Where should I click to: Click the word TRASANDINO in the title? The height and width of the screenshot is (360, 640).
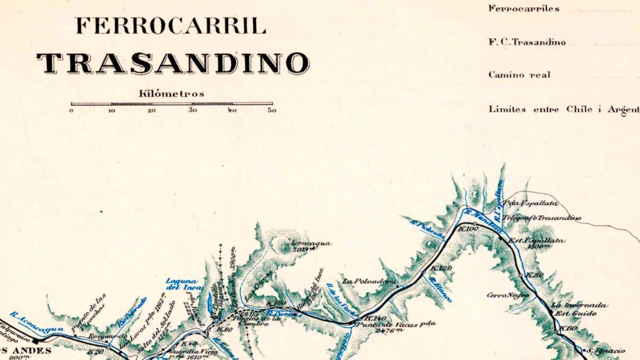tap(173, 64)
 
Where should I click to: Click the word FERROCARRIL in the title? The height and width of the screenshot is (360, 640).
tap(171, 26)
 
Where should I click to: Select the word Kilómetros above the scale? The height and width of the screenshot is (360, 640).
tap(171, 94)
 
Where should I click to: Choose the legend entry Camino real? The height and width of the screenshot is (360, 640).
tap(519, 75)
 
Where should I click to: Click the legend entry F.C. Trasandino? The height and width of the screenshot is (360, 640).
tap(527, 42)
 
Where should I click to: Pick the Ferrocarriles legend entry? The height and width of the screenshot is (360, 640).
tap(524, 9)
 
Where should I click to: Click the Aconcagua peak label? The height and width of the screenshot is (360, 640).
tap(311, 243)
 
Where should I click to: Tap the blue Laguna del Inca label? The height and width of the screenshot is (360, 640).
tap(182, 284)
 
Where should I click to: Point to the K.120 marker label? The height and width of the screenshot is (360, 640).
tap(442, 268)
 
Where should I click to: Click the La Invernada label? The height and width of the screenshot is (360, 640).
tap(578, 306)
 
